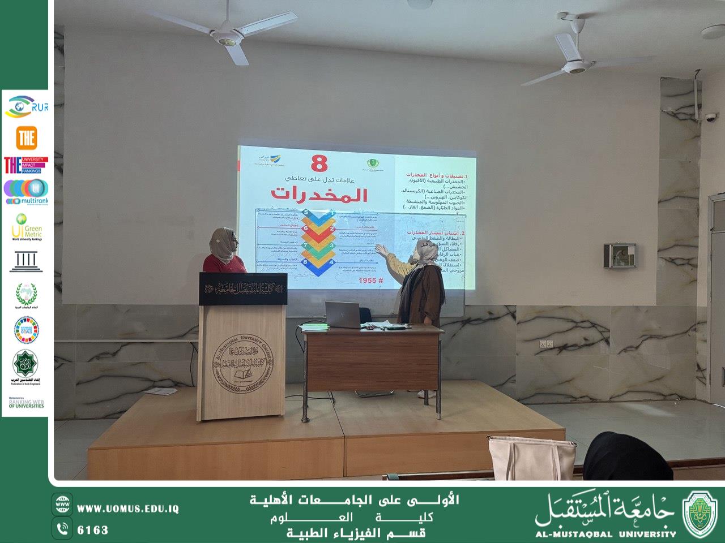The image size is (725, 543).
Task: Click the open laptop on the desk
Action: coord(343,314)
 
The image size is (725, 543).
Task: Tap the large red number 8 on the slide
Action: coord(319,164)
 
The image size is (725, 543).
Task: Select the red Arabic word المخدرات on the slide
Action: coord(319,193)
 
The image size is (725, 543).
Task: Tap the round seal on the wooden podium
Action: coord(242,362)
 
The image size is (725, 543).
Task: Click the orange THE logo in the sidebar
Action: coord(26,137)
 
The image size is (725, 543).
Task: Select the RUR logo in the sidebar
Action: coord(26,107)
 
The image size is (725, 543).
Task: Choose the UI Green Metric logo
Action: coord(26,227)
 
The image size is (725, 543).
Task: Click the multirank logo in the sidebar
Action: coord(26,192)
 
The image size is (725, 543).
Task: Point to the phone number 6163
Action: coord(92,530)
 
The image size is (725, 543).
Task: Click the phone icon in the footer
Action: coord(62,529)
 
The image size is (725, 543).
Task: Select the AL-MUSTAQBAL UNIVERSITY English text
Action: coord(605,533)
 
